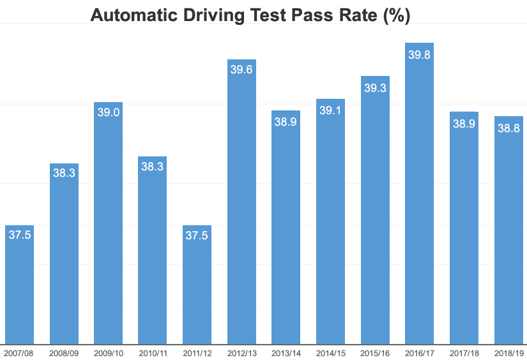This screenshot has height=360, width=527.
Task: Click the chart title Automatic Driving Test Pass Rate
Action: click(250, 16)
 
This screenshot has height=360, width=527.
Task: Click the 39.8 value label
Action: click(419, 55)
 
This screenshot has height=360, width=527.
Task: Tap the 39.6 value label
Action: click(241, 70)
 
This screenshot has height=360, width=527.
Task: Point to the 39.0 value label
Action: click(108, 112)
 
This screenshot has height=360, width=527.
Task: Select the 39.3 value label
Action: click(375, 88)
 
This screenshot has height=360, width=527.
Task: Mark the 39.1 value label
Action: click(330, 110)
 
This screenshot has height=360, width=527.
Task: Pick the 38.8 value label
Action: click(508, 128)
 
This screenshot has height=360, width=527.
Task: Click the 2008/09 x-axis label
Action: click(64, 352)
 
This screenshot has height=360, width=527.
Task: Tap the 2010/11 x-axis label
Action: click(153, 352)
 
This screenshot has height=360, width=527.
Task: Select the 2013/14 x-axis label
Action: click(286, 352)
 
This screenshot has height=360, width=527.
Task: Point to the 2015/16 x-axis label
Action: click(375, 352)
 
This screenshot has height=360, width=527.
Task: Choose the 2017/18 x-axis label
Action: click(464, 352)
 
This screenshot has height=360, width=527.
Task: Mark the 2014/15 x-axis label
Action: click(330, 352)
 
